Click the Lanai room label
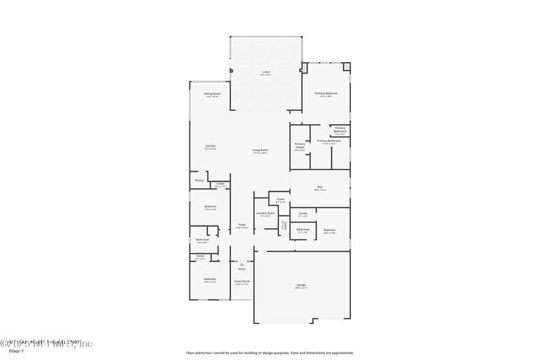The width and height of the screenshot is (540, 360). coord(265,72)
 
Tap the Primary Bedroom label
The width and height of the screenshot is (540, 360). coord(326,93)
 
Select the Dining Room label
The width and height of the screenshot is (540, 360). coord(212,94)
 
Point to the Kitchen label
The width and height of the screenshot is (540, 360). coord(211,147)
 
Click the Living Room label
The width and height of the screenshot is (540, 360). coord(260,151)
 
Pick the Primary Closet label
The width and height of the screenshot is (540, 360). coord(300,145)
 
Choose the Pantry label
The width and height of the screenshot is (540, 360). coord(199,180)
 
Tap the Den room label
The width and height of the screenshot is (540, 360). coord(321,187)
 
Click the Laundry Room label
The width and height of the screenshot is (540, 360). coord(265,213)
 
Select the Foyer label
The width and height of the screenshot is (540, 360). coord(242,225)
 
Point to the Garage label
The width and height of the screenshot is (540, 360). coord(301,285)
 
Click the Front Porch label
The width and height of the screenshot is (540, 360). coord(242,281)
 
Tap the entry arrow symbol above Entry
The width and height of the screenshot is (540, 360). coord(242,264)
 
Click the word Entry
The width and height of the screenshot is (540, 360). coord(242,269)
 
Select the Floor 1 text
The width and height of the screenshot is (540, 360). coord(16,351)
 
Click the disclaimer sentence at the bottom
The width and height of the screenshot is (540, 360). coord(269,353)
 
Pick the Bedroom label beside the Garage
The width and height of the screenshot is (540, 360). coord(329,230)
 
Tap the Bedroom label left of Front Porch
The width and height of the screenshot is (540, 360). coord(211,279)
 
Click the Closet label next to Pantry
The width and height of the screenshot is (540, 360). coord(220,184)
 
